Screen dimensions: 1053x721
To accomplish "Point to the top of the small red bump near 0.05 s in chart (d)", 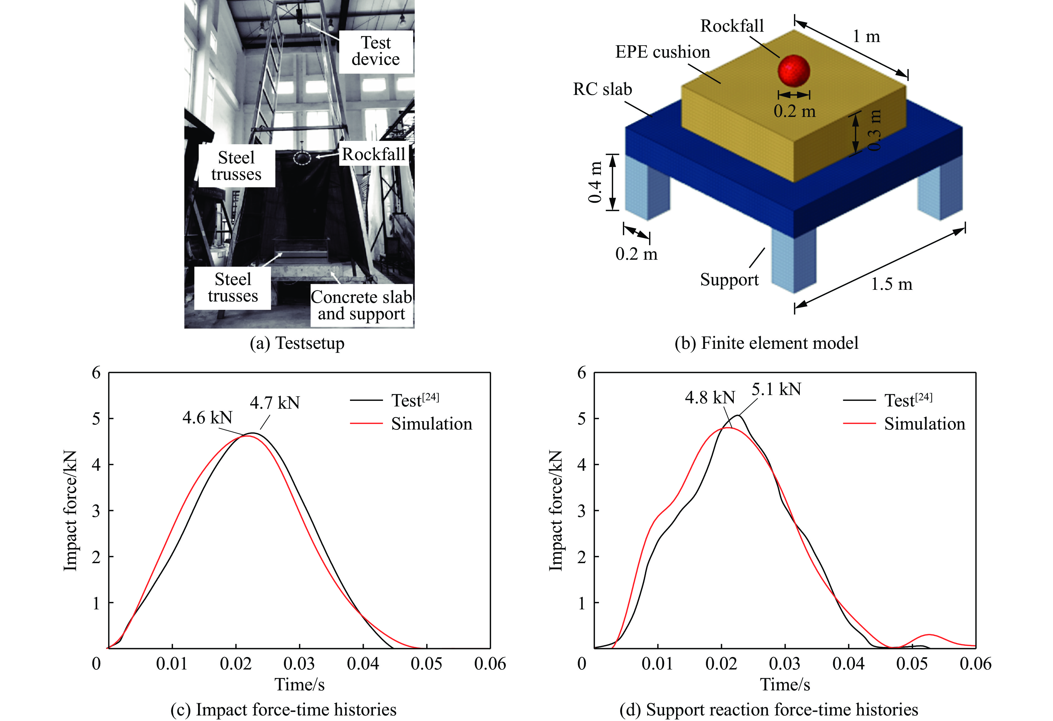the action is click(929, 634).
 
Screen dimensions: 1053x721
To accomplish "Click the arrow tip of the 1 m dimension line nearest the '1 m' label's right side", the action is click(908, 77).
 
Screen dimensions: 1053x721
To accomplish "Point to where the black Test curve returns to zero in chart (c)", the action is click(393, 648).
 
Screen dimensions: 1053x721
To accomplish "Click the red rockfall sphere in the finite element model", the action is click(794, 70).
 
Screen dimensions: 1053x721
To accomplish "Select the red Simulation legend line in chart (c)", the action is click(366, 423).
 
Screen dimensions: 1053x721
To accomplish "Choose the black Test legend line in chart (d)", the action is click(859, 400).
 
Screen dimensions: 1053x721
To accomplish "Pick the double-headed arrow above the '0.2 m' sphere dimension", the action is click(794, 95).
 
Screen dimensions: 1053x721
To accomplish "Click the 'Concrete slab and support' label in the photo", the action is click(362, 305).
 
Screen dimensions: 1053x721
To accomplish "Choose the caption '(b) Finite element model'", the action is click(766, 343).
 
